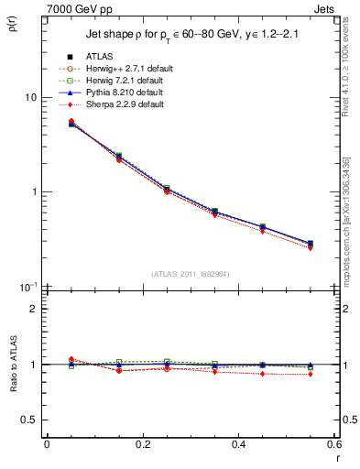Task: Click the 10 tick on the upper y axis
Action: coord(30,97)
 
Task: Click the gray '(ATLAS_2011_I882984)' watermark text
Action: coord(189,274)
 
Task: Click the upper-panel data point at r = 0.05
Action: coord(71,123)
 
